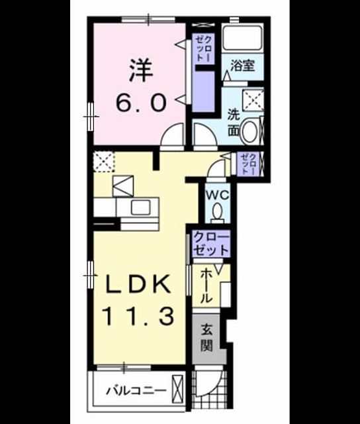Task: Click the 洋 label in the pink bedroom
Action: point(141,71)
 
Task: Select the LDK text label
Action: point(139,284)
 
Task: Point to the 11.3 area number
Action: point(138,316)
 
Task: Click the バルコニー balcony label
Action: point(136,391)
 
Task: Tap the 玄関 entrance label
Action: point(206,338)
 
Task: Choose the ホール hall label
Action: point(206,286)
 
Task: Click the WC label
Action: point(218,195)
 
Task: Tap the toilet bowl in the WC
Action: point(218,211)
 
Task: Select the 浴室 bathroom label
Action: point(242,65)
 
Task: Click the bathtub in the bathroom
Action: point(242,38)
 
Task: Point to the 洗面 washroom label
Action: point(234,123)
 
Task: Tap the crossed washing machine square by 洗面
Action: point(253,100)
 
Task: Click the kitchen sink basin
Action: point(140,207)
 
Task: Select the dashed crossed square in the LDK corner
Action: point(104,162)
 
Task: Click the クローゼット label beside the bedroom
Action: point(203,48)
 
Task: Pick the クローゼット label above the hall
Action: point(211,244)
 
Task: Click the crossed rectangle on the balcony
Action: point(178,389)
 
